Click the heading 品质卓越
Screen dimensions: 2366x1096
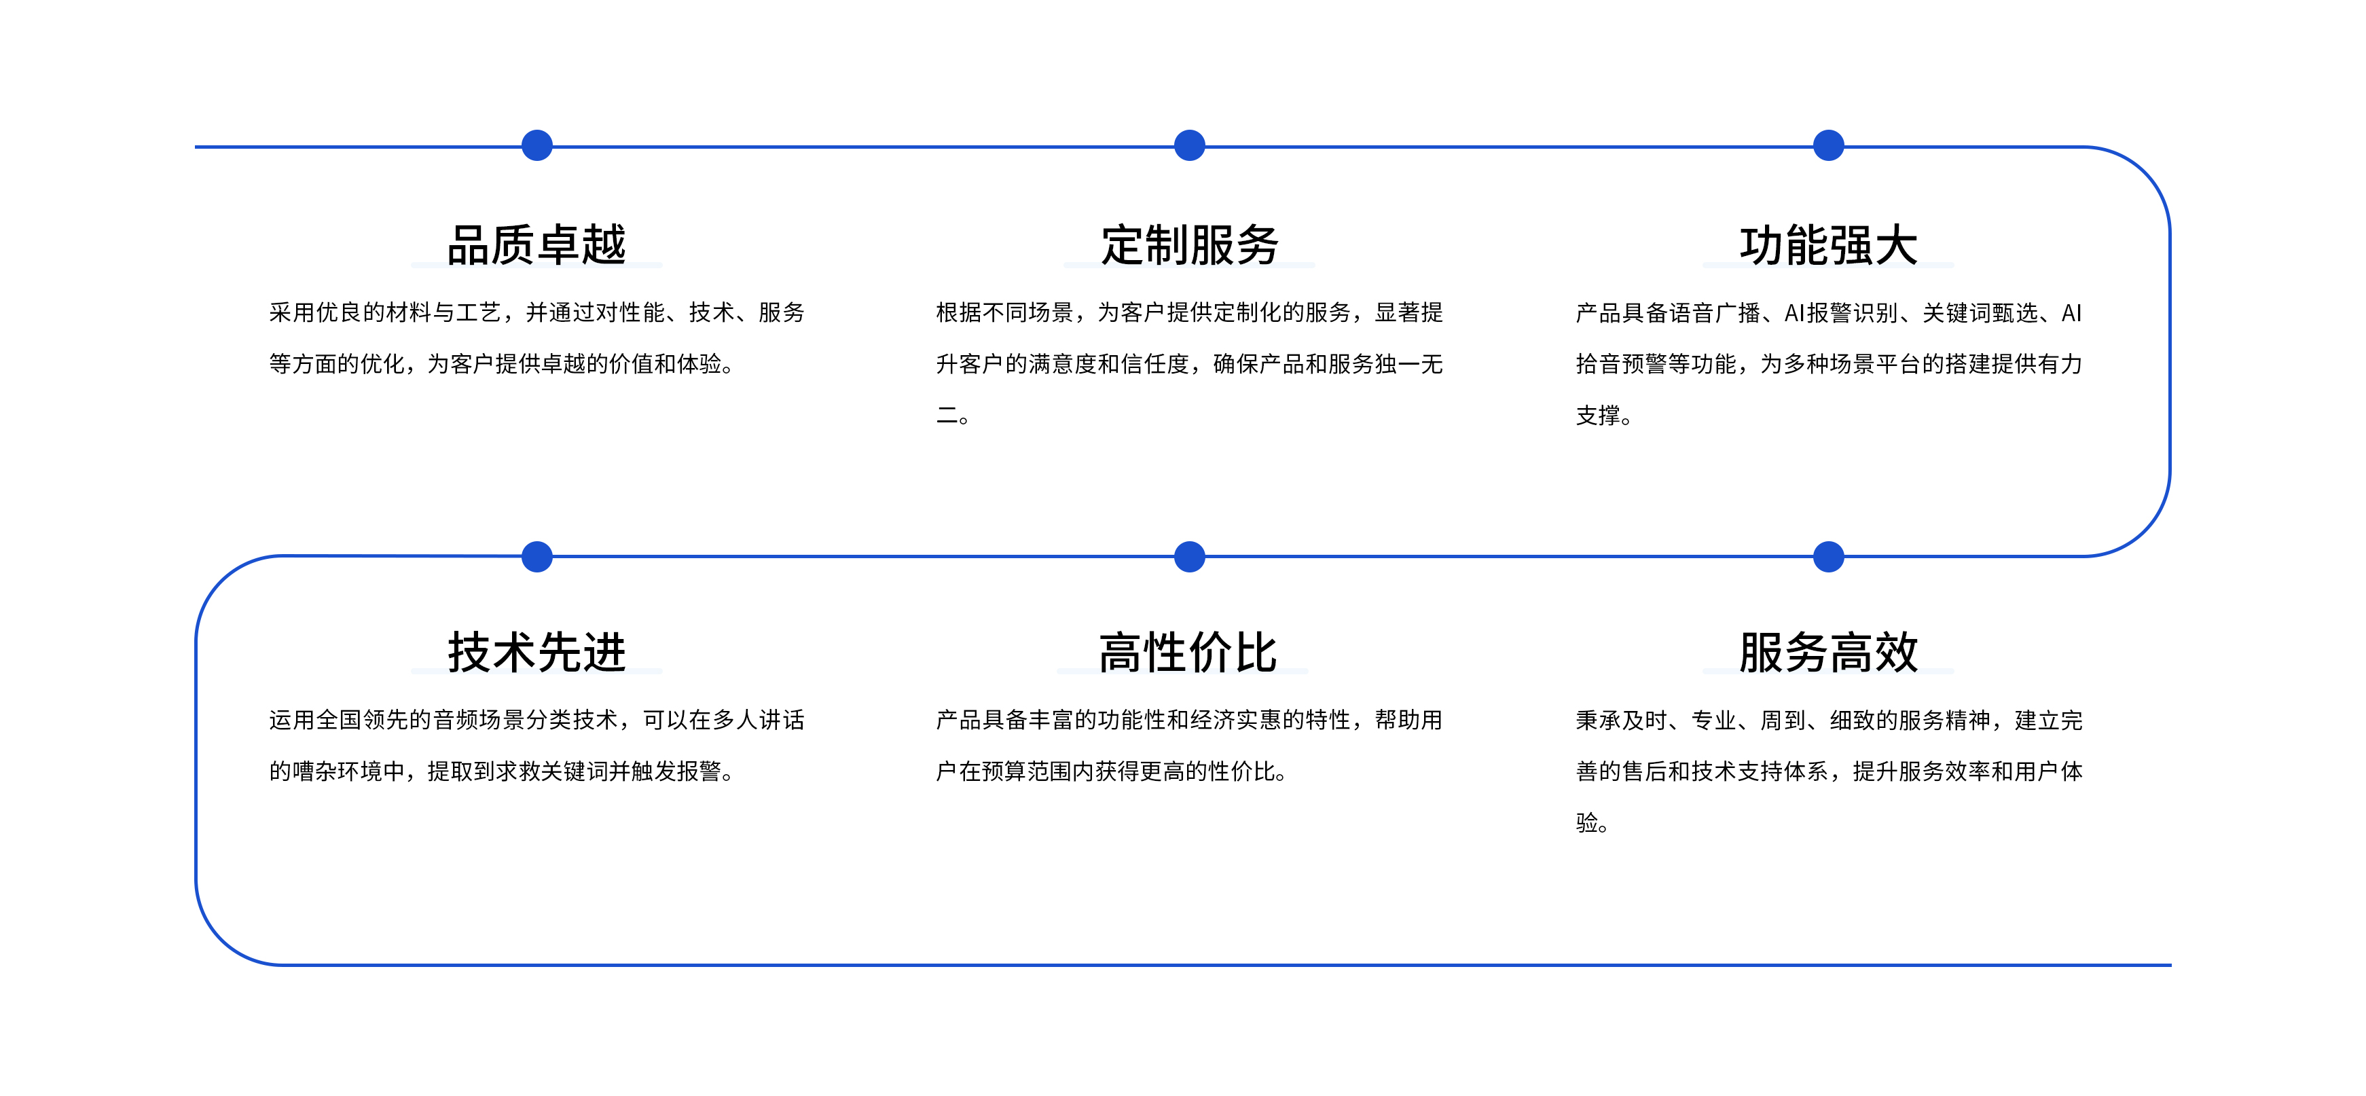pyautogui.click(x=536, y=245)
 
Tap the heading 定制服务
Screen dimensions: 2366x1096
pyautogui.click(x=1189, y=245)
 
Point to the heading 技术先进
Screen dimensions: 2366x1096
pyautogui.click(x=536, y=653)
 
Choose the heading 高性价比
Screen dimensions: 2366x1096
pyautogui.click(x=1188, y=653)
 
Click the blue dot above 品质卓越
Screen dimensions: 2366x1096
pyautogui.click(x=536, y=145)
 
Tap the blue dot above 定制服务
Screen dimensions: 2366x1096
pyautogui.click(x=1189, y=145)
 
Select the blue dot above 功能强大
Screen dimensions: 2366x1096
pyautogui.click(x=1829, y=145)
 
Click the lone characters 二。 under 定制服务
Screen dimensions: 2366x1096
pyautogui.click(x=953, y=416)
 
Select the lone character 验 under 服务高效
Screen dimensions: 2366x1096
pyautogui.click(x=1587, y=823)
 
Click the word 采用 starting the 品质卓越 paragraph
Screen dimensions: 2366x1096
pyautogui.click(x=292, y=313)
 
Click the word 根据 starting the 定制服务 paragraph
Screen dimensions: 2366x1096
pyautogui.click(x=959, y=313)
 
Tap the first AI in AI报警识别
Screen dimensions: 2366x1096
pyautogui.click(x=1795, y=313)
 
